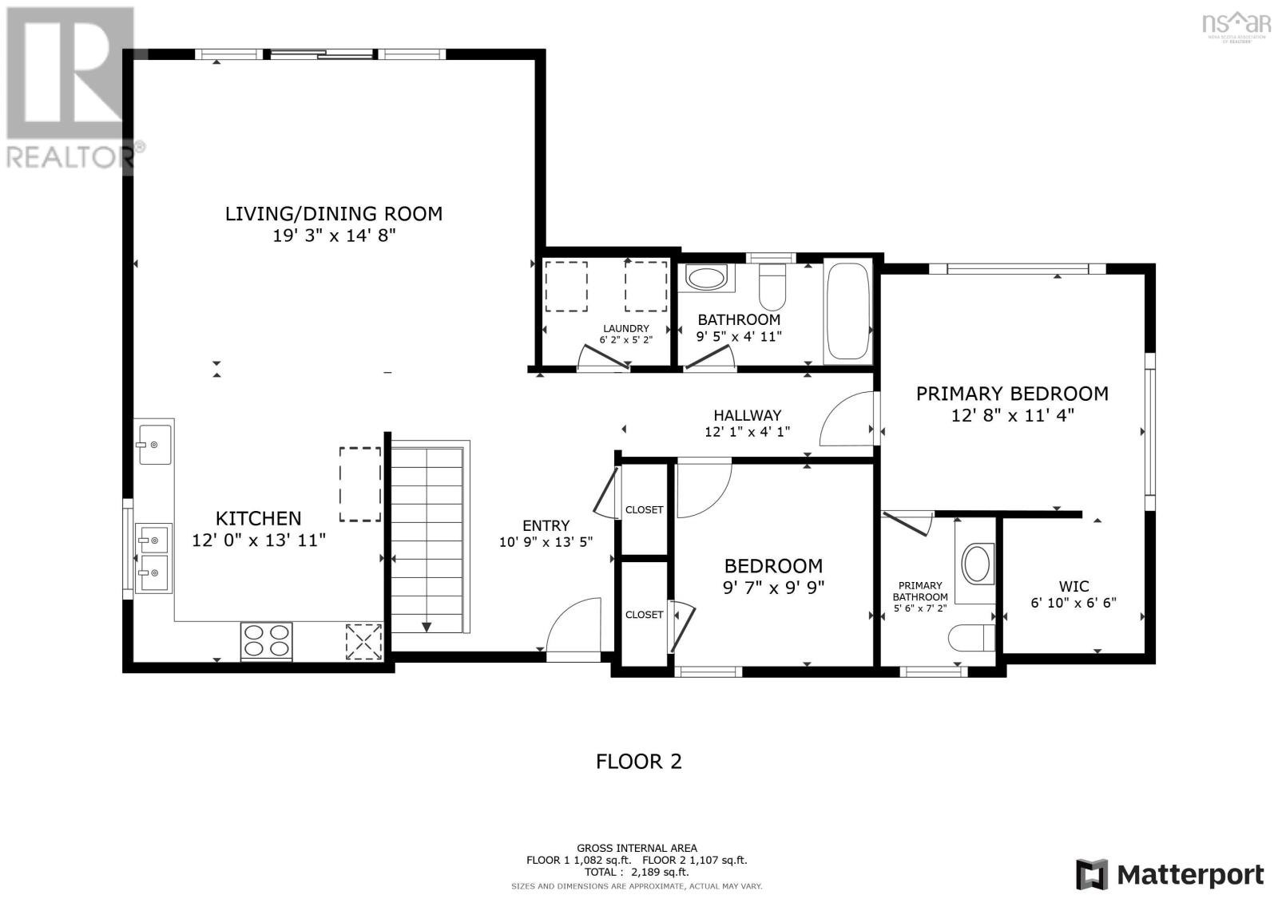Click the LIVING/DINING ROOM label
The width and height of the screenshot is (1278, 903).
point(333,214)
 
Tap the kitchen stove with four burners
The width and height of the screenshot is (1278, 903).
point(267,641)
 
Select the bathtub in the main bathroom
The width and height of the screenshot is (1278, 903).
point(848,311)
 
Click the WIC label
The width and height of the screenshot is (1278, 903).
point(1074,586)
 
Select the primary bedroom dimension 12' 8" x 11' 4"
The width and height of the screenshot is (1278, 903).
point(1012,415)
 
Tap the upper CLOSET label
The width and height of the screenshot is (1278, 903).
point(644,509)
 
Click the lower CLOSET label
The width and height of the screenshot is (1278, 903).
point(644,614)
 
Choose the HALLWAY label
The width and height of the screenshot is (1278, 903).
point(747,415)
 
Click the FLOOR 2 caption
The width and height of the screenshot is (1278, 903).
point(639,762)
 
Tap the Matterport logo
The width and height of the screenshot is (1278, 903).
point(1169,874)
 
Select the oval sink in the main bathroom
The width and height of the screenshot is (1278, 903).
point(705,279)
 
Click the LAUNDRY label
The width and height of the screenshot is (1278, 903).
point(625,328)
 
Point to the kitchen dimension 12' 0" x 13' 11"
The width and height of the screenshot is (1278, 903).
point(259,541)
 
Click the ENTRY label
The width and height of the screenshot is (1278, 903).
point(546,525)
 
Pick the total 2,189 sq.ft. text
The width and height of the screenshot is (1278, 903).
point(637,873)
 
